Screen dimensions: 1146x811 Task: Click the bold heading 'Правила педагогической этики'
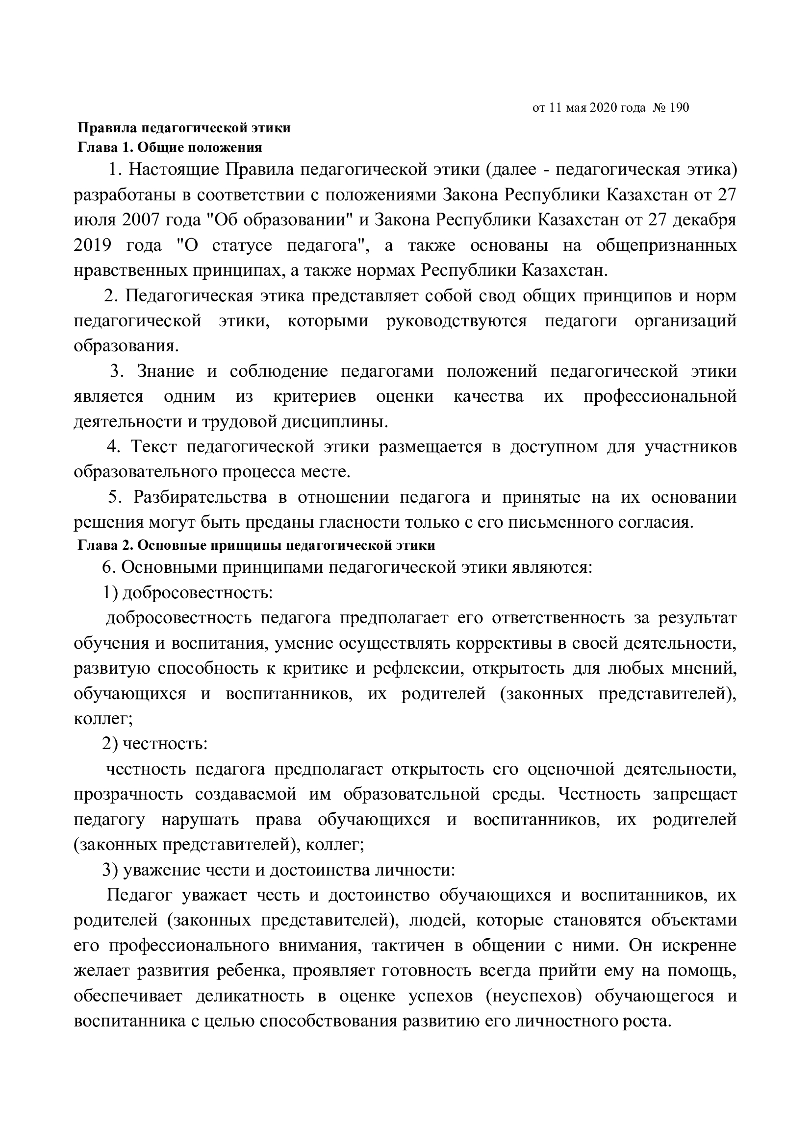184,128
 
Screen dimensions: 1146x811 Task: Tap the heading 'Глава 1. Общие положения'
170,147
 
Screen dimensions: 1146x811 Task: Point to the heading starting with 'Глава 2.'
256,545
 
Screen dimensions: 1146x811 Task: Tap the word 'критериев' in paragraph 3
315,396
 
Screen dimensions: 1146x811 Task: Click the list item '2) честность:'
155,744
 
